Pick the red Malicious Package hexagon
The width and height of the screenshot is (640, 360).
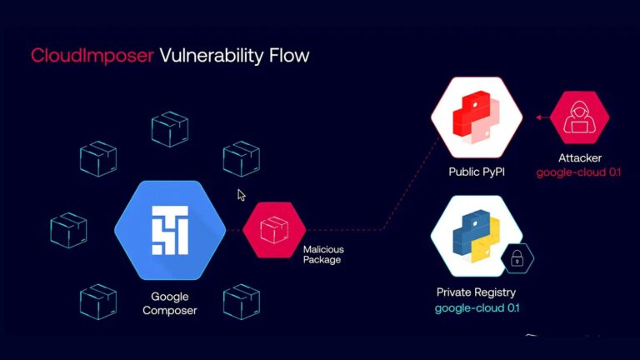(274, 227)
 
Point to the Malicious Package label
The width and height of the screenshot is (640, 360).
(323, 254)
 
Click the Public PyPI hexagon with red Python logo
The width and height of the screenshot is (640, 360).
(477, 117)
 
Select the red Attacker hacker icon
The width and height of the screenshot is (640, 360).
(580, 117)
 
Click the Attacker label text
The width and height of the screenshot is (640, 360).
(580, 157)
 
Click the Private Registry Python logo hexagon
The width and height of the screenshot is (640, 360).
(477, 237)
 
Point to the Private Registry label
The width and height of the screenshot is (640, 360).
(477, 292)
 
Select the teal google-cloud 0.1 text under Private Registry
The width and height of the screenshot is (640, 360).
(477, 308)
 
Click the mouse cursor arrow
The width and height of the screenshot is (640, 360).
(241, 195)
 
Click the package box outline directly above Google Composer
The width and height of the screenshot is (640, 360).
(170, 129)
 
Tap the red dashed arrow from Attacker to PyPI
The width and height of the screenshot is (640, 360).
(535, 117)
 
